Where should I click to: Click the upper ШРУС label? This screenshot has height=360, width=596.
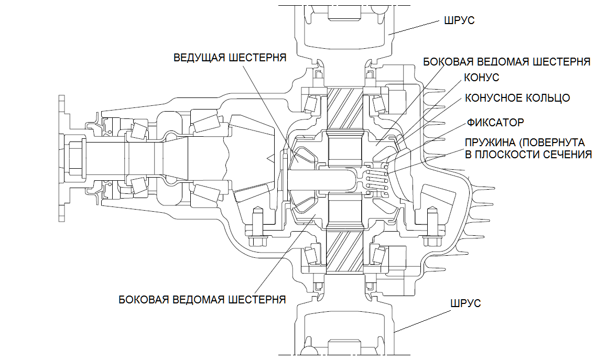[x=459, y=20]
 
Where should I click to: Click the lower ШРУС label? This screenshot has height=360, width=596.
[x=465, y=303]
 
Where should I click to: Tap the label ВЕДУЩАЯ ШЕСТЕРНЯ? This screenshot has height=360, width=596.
[x=230, y=58]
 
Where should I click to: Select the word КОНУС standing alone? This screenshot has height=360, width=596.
[x=482, y=78]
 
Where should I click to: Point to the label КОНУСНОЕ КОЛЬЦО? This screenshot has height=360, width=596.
[x=517, y=98]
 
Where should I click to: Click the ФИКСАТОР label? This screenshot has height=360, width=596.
[x=495, y=123]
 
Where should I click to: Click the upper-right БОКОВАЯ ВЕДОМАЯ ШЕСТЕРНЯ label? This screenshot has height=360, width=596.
[x=506, y=62]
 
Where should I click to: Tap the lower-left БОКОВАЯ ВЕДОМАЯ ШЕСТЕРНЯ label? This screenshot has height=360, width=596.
[x=202, y=299]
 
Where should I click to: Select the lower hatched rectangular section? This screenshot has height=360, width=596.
[x=345, y=251]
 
